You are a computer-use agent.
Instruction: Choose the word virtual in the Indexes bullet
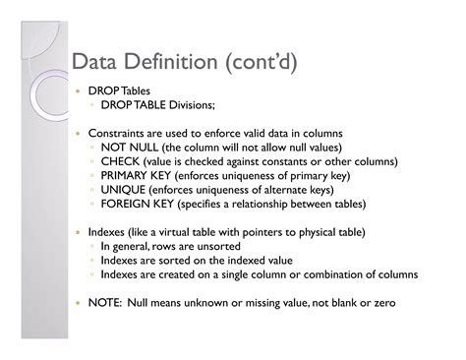click(x=186, y=233)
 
